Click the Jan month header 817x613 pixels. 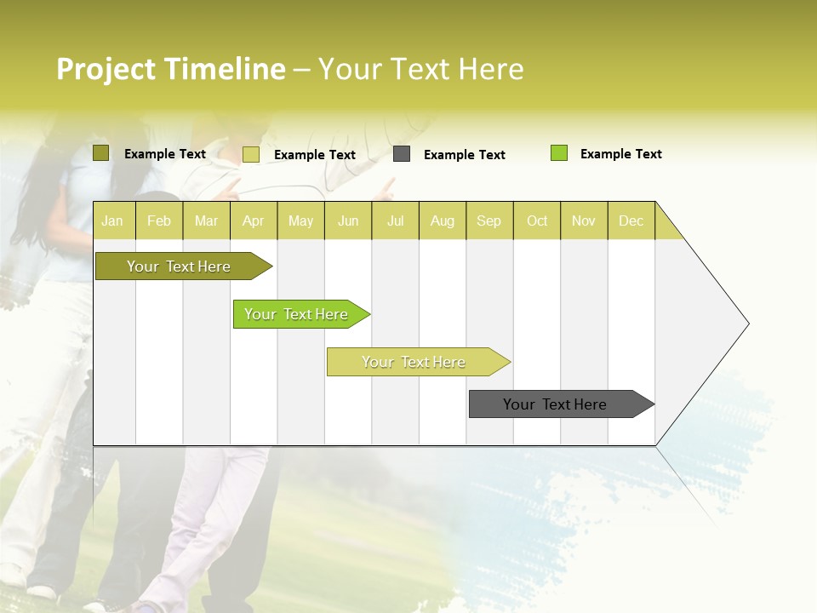coord(112,221)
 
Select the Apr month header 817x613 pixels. coord(253,221)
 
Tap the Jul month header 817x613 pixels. coord(395,221)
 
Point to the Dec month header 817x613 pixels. coord(631,221)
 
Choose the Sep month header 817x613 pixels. coord(488,221)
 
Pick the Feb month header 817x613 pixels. coord(159,221)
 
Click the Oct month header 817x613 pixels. coord(537,221)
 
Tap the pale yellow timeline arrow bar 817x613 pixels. coord(414,362)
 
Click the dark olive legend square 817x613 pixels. coord(101,153)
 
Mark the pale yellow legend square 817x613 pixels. coord(251,154)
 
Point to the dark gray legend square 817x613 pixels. coord(402,154)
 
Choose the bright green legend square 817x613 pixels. coord(559,153)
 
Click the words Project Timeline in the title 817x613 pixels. coord(171,69)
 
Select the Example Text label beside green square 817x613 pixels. coord(620,154)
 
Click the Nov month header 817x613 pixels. coord(584,221)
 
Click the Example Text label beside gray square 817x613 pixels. coord(464,155)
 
